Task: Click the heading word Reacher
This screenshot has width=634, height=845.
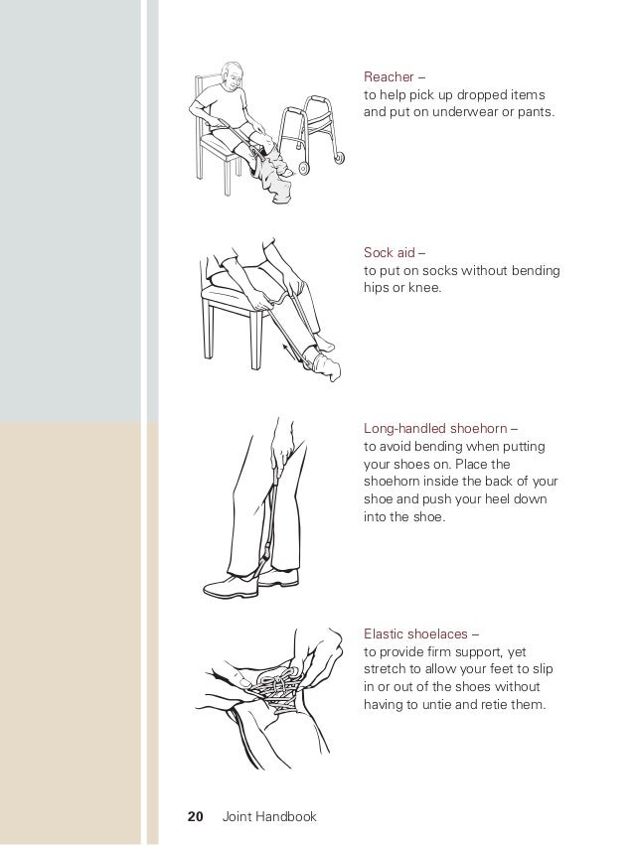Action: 389,77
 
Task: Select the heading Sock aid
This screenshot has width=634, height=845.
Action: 390,253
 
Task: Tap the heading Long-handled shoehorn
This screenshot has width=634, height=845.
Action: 435,428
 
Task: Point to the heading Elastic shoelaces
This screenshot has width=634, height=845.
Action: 415,634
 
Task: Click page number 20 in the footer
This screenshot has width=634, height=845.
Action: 195,816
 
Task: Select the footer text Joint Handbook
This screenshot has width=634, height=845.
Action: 269,816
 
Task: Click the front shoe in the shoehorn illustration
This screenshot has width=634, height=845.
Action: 231,586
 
